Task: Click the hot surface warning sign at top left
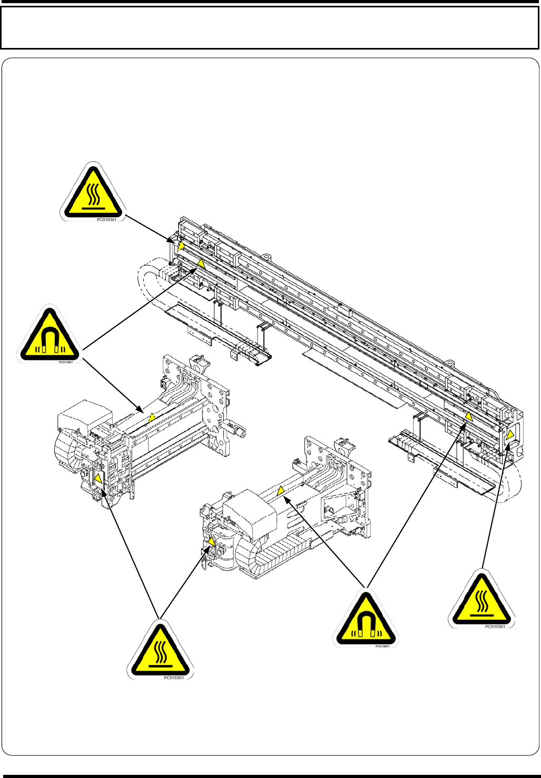tap(93, 193)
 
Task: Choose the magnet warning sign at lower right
tap(366, 620)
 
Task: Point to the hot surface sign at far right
tap(481, 600)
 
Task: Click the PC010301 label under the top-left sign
tap(106, 220)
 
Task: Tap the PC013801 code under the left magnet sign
tap(66, 362)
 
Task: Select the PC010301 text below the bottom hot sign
tap(174, 678)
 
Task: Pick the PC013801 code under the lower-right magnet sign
tap(382, 646)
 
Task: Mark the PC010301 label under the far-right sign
tap(495, 627)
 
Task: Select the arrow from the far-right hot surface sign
tap(495, 506)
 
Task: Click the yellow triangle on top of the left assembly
tap(152, 417)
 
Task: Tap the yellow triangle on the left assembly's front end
tap(98, 479)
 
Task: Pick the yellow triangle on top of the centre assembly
tap(281, 491)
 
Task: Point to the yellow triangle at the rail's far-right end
tap(510, 434)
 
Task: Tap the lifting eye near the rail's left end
tap(267, 257)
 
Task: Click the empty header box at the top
tap(270, 28)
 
